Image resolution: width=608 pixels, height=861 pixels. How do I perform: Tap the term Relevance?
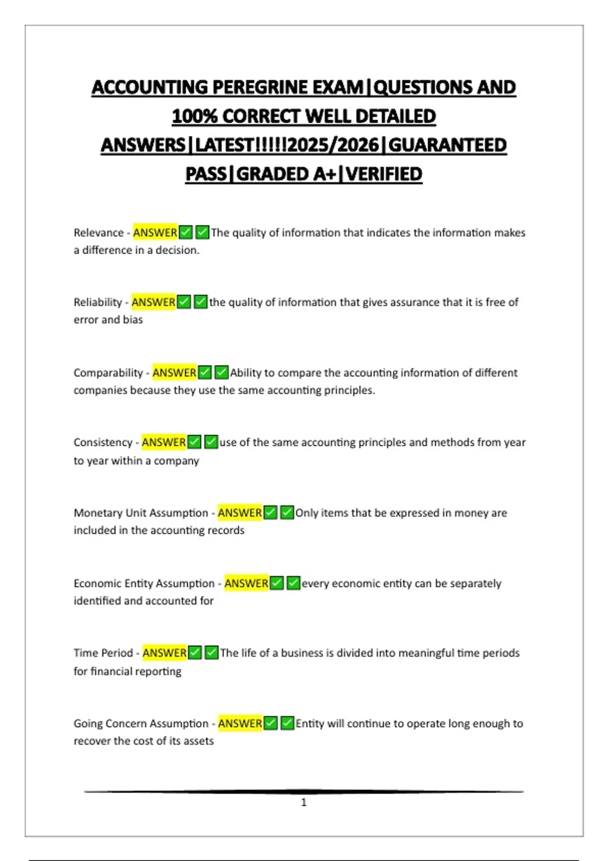[x=99, y=232]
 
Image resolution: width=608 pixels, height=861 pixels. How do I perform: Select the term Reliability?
[x=98, y=302]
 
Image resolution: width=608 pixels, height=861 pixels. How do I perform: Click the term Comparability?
[x=108, y=373]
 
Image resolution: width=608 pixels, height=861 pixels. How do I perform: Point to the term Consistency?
[x=103, y=442]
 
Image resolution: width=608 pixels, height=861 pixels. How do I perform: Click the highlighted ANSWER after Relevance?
[x=155, y=232]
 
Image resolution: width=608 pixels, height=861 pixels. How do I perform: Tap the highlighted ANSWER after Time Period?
[x=164, y=653]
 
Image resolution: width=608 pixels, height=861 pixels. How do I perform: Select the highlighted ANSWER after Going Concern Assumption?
[x=240, y=723]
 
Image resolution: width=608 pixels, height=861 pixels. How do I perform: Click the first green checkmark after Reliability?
[x=184, y=302]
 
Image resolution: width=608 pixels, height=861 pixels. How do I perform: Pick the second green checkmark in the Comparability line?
[x=221, y=373]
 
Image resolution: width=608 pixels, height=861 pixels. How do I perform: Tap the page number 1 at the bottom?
[x=303, y=802]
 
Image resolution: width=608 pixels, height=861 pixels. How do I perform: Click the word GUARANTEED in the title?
[x=447, y=145]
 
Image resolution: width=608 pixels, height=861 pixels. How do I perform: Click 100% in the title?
[x=195, y=116]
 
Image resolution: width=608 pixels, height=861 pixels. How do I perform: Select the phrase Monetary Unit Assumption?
[x=141, y=513]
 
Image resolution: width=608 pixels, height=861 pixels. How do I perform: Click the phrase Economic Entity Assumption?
[x=144, y=583]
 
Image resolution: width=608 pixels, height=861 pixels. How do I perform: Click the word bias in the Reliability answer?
[x=133, y=320]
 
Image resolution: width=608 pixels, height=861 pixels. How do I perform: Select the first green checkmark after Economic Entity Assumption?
[x=277, y=583]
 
